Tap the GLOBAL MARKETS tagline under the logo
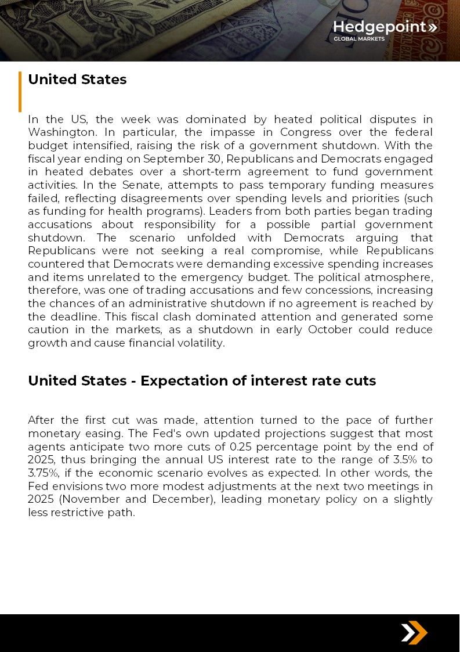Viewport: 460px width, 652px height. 358,39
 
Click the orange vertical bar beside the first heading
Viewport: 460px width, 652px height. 20,91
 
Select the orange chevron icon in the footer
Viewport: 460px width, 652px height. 414,633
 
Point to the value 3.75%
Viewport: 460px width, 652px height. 43,473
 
